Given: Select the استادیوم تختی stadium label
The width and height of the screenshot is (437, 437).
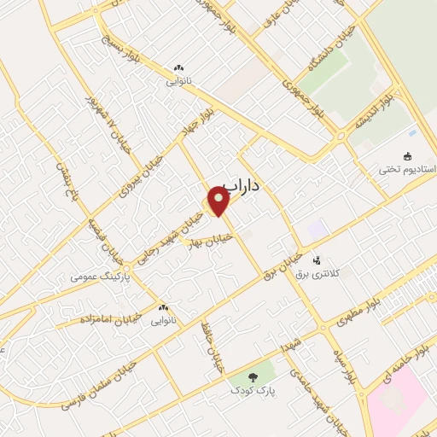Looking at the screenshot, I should pos(407,170).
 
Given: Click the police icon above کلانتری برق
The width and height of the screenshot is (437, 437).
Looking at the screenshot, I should pos(317,259).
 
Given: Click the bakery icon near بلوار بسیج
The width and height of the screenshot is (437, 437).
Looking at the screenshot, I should pos(178,68).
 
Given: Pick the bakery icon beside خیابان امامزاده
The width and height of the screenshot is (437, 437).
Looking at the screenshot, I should pos(162,307).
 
